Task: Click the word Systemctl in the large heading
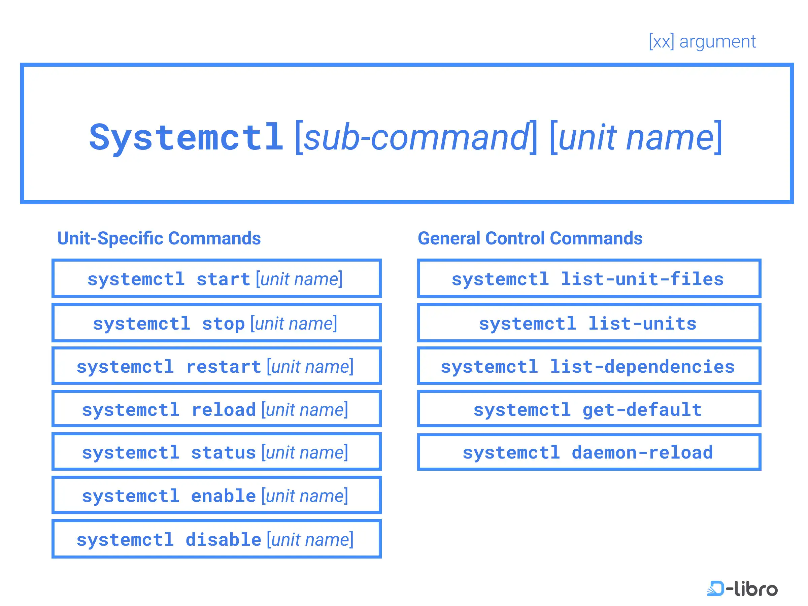pos(186,138)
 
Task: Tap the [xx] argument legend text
pos(702,41)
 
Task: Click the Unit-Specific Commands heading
pos(159,238)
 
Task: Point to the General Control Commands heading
pos(530,238)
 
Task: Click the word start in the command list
pos(223,279)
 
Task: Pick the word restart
pos(224,367)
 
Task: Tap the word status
pos(223,453)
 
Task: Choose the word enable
pos(223,496)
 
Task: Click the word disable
pos(224,540)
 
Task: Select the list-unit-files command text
pos(642,279)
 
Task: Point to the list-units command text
pos(642,324)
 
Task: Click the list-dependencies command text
pos(642,367)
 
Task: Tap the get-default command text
pos(642,410)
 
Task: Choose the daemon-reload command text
pos(642,453)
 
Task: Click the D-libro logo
pos(742,588)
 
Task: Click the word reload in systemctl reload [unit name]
pos(223,410)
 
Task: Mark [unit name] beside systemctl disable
pos(310,540)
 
